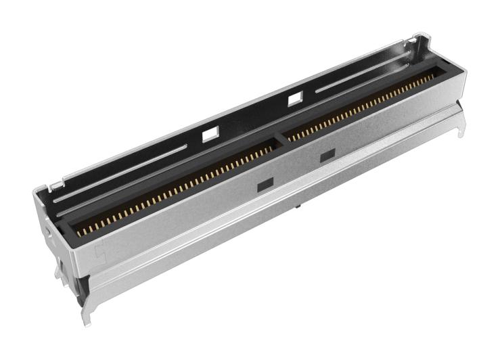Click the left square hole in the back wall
pyautogui.click(x=210, y=135)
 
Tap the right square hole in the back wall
pyautogui.click(x=294, y=99)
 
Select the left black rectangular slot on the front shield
pyautogui.click(x=264, y=183)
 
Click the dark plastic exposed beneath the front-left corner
pyautogui.click(x=80, y=284)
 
